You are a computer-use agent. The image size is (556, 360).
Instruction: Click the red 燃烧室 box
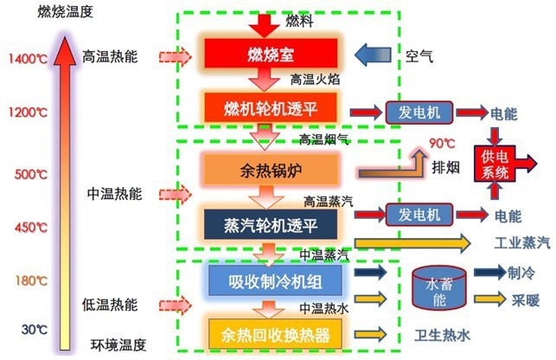point(271,54)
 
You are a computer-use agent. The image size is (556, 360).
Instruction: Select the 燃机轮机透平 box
point(270,107)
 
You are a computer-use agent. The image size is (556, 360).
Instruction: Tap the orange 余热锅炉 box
point(271,170)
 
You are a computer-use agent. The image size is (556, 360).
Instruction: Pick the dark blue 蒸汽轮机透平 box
point(270,224)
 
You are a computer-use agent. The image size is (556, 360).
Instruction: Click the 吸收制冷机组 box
point(275,280)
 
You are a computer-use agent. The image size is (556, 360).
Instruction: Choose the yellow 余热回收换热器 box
point(275,334)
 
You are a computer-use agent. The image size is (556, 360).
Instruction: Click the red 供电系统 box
point(495,164)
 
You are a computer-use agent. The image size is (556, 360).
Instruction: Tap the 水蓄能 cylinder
point(439,287)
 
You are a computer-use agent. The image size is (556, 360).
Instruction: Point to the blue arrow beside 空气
point(373,55)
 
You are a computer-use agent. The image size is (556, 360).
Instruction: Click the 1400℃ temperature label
point(28,59)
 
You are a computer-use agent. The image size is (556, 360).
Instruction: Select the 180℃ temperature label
point(31,281)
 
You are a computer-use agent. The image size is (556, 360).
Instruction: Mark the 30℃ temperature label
point(34,330)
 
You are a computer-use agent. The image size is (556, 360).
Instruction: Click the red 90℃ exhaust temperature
point(442,144)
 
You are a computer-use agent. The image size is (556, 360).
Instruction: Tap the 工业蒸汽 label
point(522,243)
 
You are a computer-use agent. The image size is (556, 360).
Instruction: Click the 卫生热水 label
point(442,335)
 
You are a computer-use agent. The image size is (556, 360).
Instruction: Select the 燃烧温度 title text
point(65,12)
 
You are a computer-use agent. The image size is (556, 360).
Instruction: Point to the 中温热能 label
point(114,194)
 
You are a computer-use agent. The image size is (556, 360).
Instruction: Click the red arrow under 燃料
point(265,26)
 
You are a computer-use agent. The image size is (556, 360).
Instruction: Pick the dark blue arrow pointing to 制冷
point(489,273)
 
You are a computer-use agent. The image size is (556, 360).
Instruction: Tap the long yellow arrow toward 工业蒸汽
point(412,243)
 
